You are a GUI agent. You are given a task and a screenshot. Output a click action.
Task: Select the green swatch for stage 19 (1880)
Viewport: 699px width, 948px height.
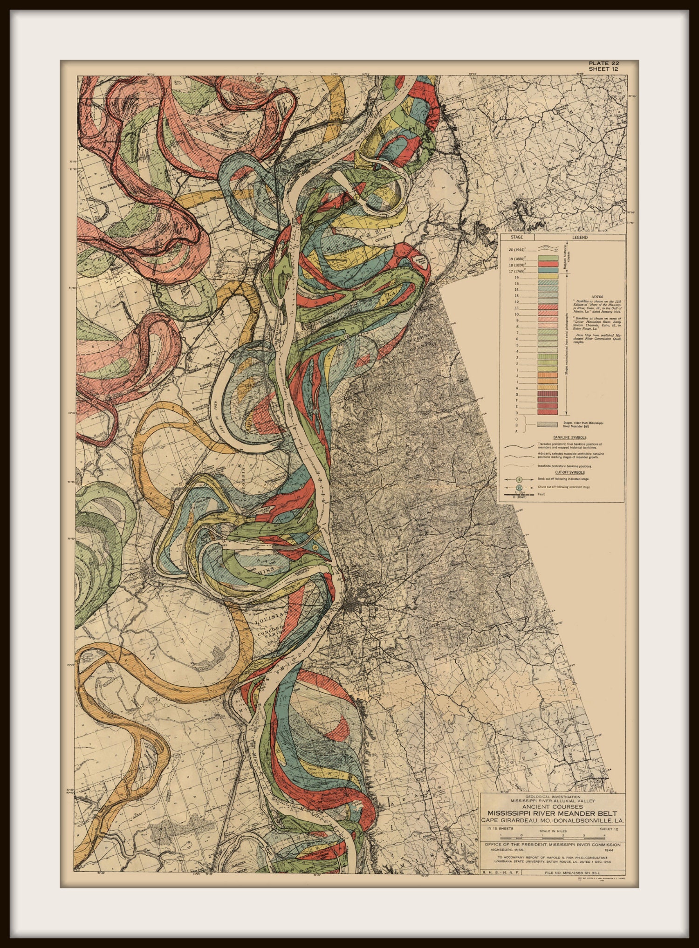[x=548, y=258]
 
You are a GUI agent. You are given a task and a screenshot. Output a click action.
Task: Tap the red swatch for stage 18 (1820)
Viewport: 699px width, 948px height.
[x=548, y=264]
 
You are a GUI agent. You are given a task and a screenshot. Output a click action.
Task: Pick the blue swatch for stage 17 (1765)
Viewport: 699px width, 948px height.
[x=548, y=270]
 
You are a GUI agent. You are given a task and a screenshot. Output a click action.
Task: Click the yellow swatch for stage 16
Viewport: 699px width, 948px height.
[x=548, y=277]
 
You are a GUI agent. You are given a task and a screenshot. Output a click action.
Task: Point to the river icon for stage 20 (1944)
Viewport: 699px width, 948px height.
[x=548, y=249]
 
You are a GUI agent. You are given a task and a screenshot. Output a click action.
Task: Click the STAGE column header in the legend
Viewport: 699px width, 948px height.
[x=516, y=237]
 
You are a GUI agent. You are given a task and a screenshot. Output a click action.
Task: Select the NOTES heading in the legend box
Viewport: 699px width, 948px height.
[x=597, y=296]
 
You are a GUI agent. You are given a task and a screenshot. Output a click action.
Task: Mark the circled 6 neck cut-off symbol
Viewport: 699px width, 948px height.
[x=519, y=479]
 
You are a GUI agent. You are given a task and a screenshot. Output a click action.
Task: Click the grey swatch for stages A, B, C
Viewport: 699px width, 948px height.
[x=548, y=424]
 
